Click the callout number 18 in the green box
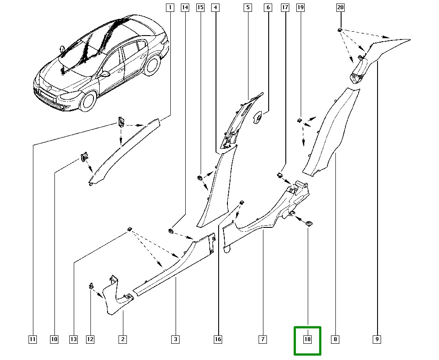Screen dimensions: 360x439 click(x=307, y=339)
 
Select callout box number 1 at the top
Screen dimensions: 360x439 click(x=170, y=7)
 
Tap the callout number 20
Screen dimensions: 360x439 click(x=340, y=7)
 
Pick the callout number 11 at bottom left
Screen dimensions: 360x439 click(x=32, y=339)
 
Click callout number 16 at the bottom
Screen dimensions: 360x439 click(x=218, y=339)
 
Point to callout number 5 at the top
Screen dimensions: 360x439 click(x=248, y=7)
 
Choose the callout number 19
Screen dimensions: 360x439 click(x=300, y=7)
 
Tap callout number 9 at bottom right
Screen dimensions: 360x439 click(x=377, y=339)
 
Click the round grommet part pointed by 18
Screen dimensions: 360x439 click(x=309, y=224)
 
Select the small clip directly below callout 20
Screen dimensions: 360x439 click(x=340, y=30)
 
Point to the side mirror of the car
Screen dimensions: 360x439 click(x=105, y=74)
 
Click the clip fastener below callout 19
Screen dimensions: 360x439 click(x=299, y=119)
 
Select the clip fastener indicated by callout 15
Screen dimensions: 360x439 click(x=198, y=178)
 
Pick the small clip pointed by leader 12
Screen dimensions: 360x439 click(x=91, y=286)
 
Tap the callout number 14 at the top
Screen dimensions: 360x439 click(x=185, y=7)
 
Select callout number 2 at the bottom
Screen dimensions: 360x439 click(x=122, y=339)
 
